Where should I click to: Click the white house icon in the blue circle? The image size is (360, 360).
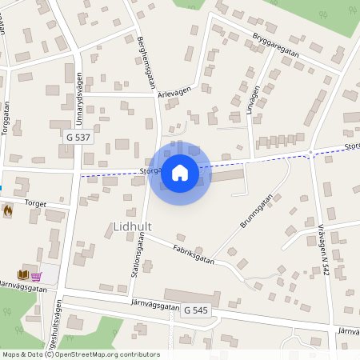[x=179, y=172]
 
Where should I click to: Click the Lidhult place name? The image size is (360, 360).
[x=133, y=227]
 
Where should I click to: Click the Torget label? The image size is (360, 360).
[x=35, y=203]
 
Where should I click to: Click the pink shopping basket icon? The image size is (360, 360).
[x=37, y=276]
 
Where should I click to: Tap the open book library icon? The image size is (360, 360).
[x=23, y=275]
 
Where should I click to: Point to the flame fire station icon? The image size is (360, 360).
[x=8, y=210]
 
